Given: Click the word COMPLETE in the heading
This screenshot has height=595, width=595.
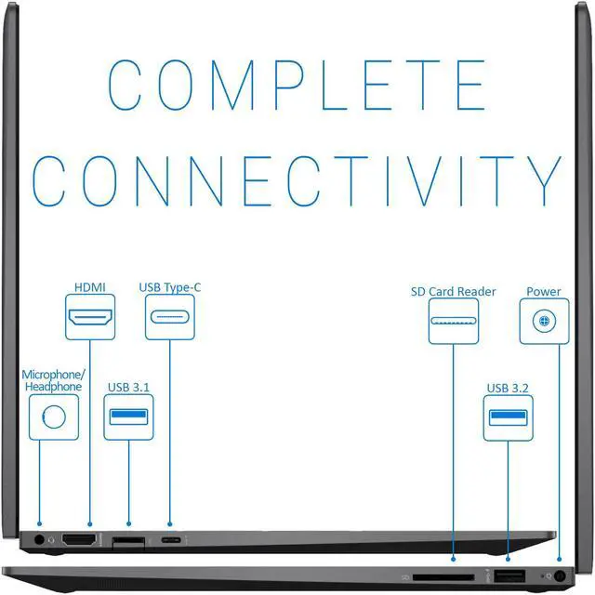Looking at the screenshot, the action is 297,86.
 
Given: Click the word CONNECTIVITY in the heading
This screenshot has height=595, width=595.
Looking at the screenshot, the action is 297,181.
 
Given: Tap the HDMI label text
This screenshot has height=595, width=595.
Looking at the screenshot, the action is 90,287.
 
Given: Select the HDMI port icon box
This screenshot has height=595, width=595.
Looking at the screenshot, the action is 90,318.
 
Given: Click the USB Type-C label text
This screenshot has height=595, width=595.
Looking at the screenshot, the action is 170,287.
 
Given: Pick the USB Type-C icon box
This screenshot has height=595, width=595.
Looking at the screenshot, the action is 170,318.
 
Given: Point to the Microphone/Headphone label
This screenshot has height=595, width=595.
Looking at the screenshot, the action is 52,379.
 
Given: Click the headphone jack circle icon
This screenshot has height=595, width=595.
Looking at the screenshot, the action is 53,416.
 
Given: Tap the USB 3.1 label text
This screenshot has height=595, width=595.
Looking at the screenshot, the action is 128,387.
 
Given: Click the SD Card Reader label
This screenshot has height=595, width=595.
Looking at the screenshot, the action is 454,292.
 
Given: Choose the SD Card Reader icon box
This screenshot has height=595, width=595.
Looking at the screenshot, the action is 454,321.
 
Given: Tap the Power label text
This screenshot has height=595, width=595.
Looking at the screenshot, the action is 544,292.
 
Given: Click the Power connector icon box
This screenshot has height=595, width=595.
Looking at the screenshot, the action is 544,321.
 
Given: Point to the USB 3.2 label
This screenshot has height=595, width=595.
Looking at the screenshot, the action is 509,388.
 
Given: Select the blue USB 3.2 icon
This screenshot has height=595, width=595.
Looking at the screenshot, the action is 509,416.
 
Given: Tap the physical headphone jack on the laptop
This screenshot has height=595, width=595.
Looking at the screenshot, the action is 39,539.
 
